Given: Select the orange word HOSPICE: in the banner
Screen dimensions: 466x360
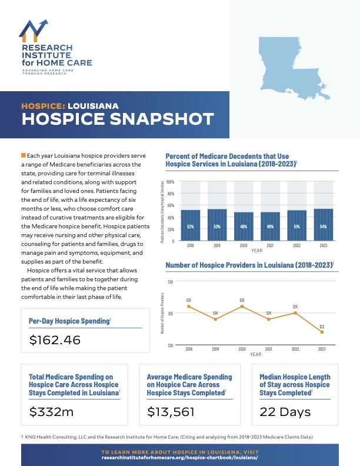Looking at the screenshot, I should pos(42,106).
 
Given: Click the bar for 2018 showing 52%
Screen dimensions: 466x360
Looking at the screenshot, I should pos(191,225).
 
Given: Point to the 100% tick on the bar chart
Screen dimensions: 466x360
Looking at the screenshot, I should pos(171,182).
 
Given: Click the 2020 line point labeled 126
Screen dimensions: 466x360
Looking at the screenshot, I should pos(242,307).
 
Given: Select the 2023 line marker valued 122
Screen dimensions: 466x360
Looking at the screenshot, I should pos(322,332).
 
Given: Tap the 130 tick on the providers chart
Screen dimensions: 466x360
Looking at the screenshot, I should pos(170,282).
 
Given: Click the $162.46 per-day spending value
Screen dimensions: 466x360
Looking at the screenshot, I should pos(54,340).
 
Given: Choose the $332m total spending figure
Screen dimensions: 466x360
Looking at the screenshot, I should pos(51,412).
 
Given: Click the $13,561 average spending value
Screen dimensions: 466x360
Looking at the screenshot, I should pos(171,412).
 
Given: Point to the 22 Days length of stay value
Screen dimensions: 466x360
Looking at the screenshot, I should pos(286,412).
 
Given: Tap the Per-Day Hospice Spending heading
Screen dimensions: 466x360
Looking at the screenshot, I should pos(69,321).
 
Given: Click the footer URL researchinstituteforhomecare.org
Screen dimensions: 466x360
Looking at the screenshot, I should pos(179,457).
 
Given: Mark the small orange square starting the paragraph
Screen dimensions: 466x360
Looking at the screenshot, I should pos(23,155).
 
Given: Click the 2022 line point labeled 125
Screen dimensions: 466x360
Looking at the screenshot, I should pos(295,313).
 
